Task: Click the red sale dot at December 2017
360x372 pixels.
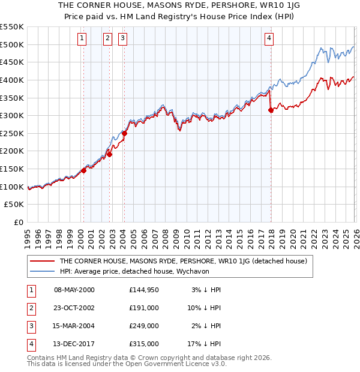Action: point(271,110)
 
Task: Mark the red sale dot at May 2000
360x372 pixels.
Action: point(84,170)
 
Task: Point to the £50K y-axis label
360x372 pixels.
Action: point(14,205)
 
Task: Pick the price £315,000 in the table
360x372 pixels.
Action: point(144,344)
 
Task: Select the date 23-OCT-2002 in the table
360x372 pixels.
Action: point(74,308)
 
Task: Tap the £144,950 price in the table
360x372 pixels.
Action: point(144,290)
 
